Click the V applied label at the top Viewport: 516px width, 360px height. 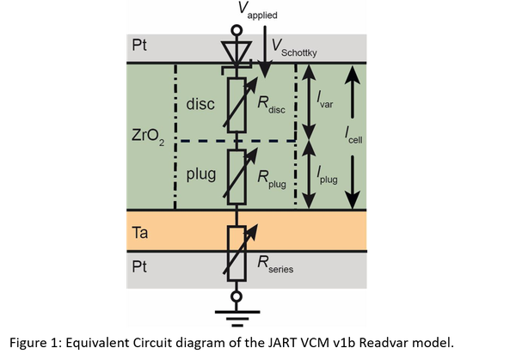point(258,9)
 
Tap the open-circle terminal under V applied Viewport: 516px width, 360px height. point(236,31)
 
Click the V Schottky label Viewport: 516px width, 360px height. point(294,48)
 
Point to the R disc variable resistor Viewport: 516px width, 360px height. point(237,105)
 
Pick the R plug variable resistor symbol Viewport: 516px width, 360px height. point(237,177)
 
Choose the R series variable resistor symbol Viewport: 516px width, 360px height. point(237,253)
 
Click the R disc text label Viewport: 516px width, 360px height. point(272,105)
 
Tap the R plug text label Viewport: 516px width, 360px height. point(272,180)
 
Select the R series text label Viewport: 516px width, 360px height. point(275,265)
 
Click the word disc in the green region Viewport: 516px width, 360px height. point(200,104)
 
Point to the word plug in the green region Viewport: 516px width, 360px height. point(201,174)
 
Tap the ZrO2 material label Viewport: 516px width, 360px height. point(148,137)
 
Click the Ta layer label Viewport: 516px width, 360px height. point(140,233)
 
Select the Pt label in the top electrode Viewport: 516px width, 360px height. point(139,45)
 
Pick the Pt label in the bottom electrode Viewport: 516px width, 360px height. point(139,266)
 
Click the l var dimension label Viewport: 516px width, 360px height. point(325,100)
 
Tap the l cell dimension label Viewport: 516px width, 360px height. point(353,136)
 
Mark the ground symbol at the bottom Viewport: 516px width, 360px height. point(237,318)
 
